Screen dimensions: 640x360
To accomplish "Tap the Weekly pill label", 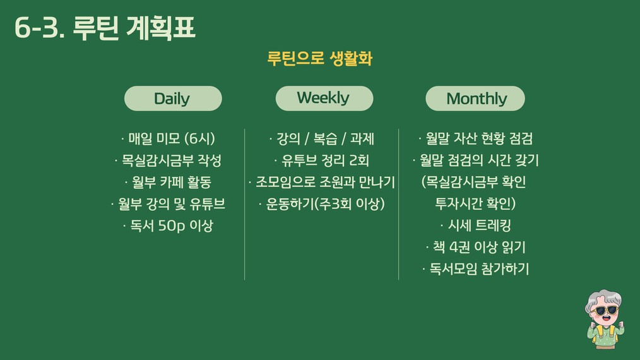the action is (x=324, y=99).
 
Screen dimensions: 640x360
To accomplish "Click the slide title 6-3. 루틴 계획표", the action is (x=105, y=28).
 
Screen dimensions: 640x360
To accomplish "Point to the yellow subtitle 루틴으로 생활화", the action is (x=319, y=59).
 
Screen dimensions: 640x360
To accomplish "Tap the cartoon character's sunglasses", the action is (x=604, y=311).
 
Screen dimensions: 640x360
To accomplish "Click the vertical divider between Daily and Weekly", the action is (x=244, y=204).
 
